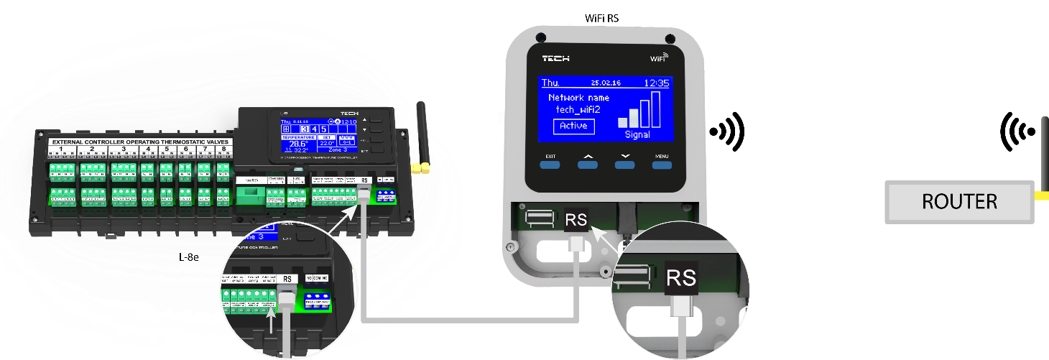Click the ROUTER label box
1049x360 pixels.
tap(959, 202)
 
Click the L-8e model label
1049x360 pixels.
tap(188, 256)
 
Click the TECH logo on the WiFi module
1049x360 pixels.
tap(555, 58)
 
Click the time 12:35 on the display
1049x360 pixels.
tap(657, 83)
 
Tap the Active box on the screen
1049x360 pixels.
tap(574, 126)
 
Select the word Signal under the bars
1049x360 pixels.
tap(637, 134)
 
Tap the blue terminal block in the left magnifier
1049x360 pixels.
tap(317, 300)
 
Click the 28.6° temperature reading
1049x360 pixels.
tap(297, 144)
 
